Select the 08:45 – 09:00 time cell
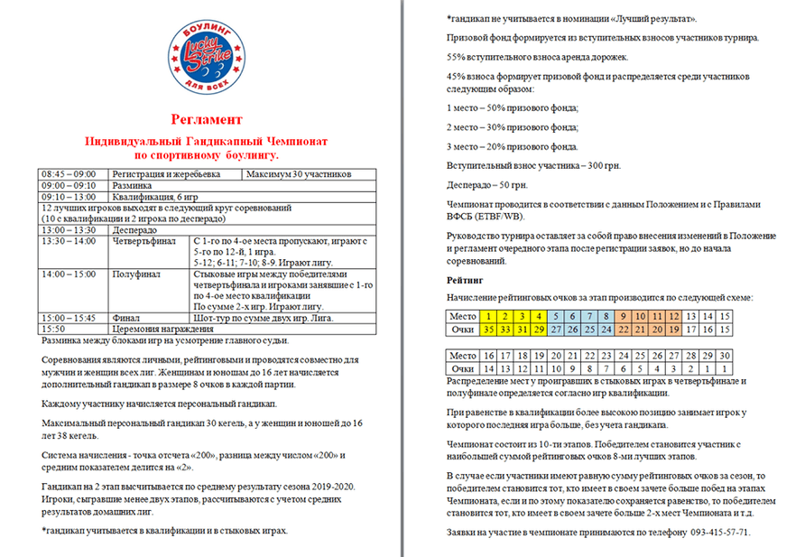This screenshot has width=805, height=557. pos(72,174)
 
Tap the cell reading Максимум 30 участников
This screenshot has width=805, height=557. pos(297,174)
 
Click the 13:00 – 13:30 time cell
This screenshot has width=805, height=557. pos(72,230)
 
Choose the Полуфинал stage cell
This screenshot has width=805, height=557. pos(135,274)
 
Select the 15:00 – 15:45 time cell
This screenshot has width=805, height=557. pos(72,319)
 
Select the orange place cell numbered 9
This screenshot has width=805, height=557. pos(624,317)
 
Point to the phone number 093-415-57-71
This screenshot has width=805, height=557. pos(709,532)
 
